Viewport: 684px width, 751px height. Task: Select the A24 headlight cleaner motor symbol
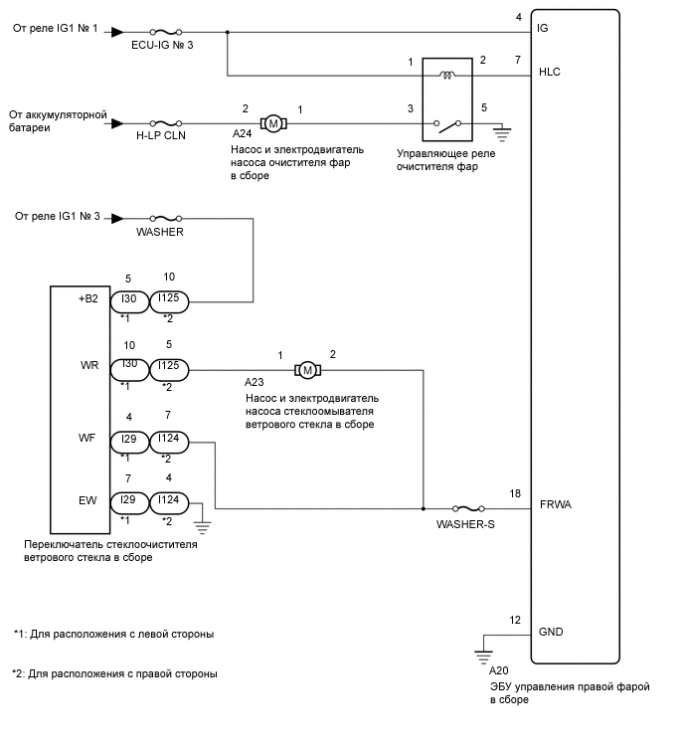tap(272, 122)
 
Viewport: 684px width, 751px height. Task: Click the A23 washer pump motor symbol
tap(307, 370)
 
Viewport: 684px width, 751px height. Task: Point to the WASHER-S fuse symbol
tap(466, 508)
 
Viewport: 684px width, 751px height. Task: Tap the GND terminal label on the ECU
tap(550, 632)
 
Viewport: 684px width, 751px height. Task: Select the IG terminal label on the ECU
tap(543, 29)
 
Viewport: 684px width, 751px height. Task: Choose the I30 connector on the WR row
tap(127, 370)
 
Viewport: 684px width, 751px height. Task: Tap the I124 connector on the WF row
tap(169, 441)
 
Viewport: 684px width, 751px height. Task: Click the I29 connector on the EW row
tap(127, 501)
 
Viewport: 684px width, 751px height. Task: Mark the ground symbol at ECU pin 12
tap(484, 655)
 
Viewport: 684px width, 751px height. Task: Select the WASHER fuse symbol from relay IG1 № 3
tap(163, 218)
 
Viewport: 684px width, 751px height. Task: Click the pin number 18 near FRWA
tap(515, 493)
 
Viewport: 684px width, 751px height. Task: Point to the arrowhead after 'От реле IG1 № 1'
tap(117, 32)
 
